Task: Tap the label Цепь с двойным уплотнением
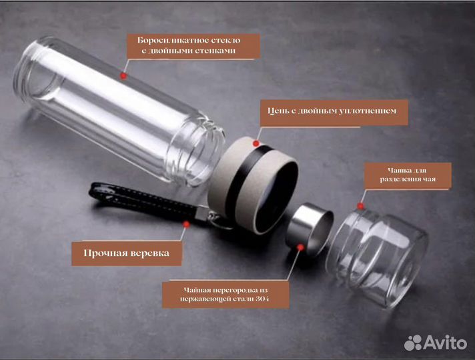pos(333,111)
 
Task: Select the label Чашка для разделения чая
pos(407,175)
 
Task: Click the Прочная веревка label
pos(126,253)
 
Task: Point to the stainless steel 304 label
pos(226,294)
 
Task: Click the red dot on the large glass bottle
pos(123,76)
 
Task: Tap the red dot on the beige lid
pos(256,143)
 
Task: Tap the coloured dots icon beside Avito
pos(414,343)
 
